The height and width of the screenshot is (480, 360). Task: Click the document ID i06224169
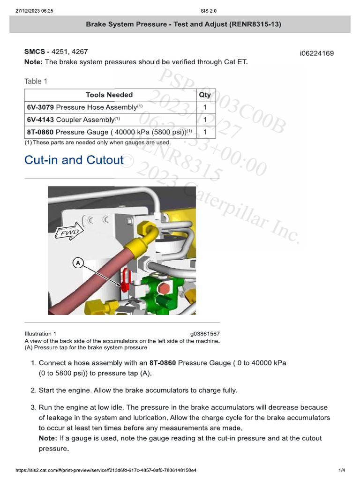click(316, 53)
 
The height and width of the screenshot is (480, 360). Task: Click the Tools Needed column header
click(109, 95)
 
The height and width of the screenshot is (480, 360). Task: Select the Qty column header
click(205, 95)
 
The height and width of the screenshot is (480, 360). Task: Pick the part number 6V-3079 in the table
click(40, 107)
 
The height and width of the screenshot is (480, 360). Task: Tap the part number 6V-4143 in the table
click(40, 120)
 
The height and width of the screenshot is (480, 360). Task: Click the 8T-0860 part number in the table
click(40, 132)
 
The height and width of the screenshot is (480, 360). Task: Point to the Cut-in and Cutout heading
click(74, 160)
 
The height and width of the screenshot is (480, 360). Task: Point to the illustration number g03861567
click(204, 334)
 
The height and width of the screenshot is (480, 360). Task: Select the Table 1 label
click(36, 82)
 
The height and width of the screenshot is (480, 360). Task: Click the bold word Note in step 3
click(47, 438)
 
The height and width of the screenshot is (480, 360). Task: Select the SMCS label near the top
click(35, 52)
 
